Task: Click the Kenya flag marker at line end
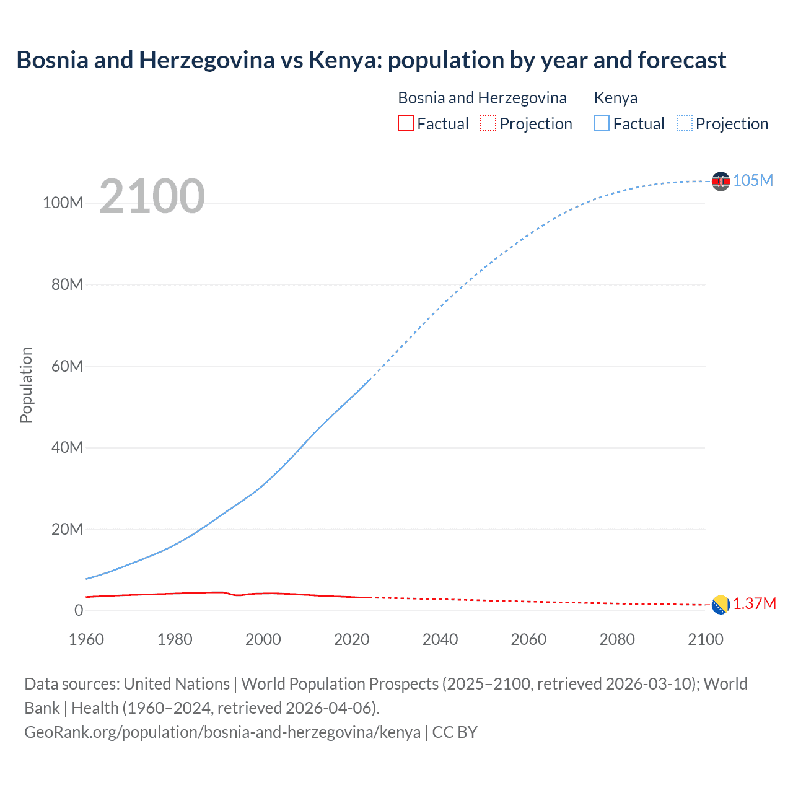721,181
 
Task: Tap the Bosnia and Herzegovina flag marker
721,605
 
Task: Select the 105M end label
753,180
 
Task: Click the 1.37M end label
755,604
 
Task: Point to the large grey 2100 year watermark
152,196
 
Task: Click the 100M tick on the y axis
63,203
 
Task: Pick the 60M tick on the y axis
67,366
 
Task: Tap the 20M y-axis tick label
67,529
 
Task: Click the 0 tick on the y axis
79,611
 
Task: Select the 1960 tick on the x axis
86,639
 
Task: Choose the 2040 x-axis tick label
440,639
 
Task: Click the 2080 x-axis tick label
617,639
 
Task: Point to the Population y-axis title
26,385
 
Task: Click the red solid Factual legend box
405,124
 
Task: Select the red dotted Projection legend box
488,124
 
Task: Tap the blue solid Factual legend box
602,124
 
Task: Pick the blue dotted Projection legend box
685,124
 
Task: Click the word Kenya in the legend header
615,98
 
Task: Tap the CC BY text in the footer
455,732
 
